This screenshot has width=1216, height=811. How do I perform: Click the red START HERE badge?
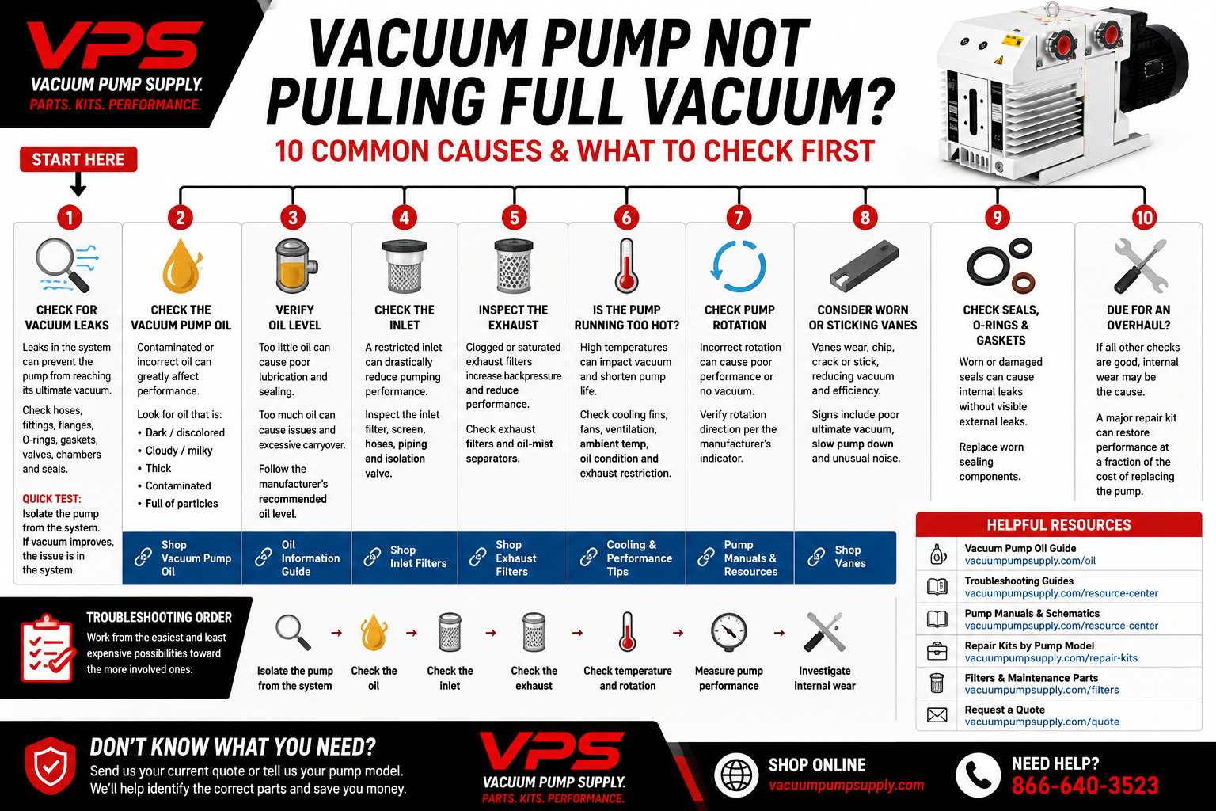click(x=78, y=159)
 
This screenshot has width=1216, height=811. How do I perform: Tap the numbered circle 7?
click(x=739, y=218)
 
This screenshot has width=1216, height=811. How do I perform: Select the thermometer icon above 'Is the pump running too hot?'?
click(x=626, y=265)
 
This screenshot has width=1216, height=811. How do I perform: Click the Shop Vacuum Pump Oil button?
click(x=182, y=558)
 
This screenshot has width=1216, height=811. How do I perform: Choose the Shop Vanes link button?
click(x=845, y=558)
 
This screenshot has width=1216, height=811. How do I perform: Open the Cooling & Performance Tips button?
click(x=627, y=558)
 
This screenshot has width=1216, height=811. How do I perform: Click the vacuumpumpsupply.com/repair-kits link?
click(x=1051, y=658)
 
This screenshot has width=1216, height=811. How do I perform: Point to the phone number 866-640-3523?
click(x=1085, y=786)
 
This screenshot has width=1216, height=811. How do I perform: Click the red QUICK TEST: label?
click(x=51, y=499)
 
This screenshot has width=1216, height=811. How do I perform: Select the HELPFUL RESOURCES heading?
click(x=1058, y=525)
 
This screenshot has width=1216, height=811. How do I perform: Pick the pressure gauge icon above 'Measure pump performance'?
click(x=729, y=632)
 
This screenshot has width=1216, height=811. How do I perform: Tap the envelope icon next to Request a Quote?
click(x=937, y=715)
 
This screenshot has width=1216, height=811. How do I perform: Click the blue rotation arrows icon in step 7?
click(x=739, y=266)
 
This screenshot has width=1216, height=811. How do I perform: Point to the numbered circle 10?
click(x=1144, y=218)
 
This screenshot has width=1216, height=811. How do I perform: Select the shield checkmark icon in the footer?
click(x=51, y=765)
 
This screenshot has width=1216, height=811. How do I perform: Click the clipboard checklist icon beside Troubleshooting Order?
click(x=47, y=649)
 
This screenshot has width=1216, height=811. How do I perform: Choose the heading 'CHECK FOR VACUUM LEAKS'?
click(x=66, y=318)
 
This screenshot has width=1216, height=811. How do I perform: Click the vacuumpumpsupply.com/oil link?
click(x=1030, y=561)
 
